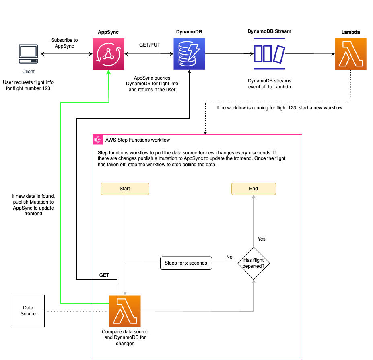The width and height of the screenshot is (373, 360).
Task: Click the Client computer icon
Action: tap(28, 54)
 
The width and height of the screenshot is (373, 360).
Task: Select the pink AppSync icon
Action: tap(108, 54)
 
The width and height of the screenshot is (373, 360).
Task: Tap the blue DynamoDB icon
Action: tap(189, 54)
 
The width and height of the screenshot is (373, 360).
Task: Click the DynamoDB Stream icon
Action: tap(269, 53)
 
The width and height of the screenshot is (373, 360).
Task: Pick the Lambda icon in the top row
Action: tap(350, 54)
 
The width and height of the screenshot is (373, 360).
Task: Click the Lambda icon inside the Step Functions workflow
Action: tap(125, 311)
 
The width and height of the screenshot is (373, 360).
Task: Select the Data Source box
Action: tap(28, 311)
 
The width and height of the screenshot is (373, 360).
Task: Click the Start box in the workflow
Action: tap(125, 189)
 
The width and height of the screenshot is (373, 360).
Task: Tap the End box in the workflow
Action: tap(253, 189)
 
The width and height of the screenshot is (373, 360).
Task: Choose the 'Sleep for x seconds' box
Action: tap(186, 263)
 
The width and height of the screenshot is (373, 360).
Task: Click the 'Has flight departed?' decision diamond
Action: tap(253, 263)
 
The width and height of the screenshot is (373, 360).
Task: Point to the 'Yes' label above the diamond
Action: tap(262, 239)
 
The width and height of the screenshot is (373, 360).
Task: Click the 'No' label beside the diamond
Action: tap(229, 257)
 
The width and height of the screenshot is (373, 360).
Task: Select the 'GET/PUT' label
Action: tap(149, 45)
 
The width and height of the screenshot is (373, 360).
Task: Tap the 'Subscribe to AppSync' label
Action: tap(64, 43)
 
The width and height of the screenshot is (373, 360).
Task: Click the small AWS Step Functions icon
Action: tap(97, 140)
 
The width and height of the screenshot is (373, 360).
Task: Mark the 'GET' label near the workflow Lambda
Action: tap(104, 275)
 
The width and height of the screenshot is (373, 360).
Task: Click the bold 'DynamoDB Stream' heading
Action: tap(269, 31)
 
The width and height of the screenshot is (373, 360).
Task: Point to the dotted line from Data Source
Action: tap(76, 311)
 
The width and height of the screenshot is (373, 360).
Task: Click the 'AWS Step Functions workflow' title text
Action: tap(138, 140)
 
